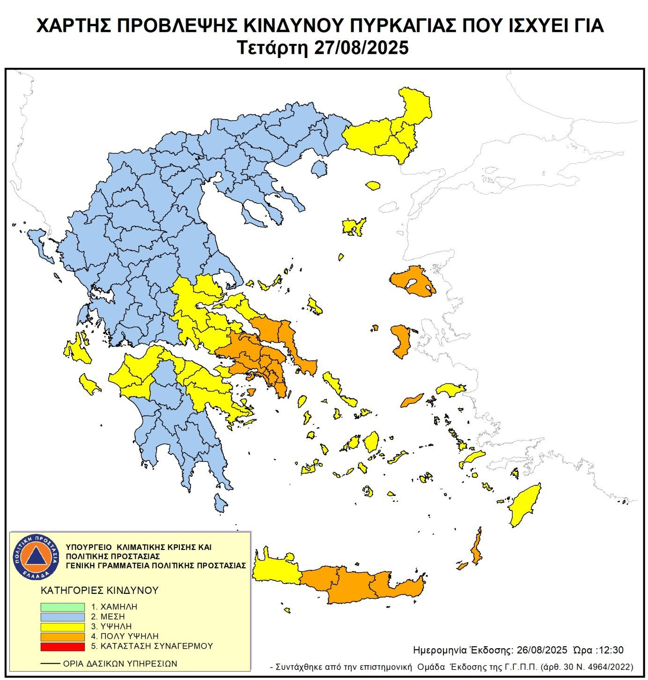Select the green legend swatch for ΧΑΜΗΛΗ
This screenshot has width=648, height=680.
click(x=62, y=607)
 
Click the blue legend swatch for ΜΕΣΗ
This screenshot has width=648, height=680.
click(x=62, y=617)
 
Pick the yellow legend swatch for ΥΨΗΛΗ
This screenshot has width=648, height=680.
click(x=62, y=627)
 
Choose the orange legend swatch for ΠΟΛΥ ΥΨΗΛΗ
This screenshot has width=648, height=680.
click(x=62, y=636)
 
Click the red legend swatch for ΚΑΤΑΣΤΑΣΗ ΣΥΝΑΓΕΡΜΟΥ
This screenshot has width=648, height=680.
click(x=62, y=646)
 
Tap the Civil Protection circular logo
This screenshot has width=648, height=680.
click(x=36, y=556)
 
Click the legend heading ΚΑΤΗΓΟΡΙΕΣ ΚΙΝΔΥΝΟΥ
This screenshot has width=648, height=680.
click(x=100, y=590)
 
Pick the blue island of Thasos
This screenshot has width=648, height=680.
click(x=319, y=168)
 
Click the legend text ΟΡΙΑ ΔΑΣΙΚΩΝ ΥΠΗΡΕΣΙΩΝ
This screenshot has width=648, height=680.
click(x=120, y=664)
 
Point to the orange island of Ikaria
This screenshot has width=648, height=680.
click(x=412, y=400)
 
